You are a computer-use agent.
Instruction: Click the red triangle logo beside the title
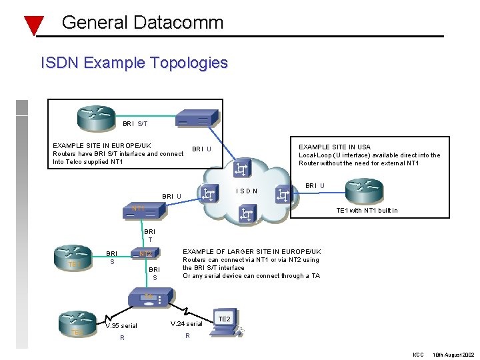click(x=33, y=25)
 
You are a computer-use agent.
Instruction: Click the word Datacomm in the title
click(x=178, y=23)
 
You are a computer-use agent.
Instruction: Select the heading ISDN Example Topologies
click(x=134, y=63)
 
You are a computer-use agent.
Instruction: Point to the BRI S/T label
click(x=135, y=123)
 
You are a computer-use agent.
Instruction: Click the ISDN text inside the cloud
click(x=247, y=192)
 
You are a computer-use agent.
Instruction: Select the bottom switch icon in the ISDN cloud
click(x=246, y=215)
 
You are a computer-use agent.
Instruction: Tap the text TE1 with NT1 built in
click(x=367, y=211)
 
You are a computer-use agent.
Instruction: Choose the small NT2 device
click(x=145, y=254)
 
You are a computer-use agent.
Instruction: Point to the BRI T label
click(x=150, y=236)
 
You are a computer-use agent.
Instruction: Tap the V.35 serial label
click(x=121, y=326)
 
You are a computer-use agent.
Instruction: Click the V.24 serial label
click(x=186, y=324)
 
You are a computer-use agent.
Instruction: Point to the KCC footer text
click(x=418, y=353)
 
